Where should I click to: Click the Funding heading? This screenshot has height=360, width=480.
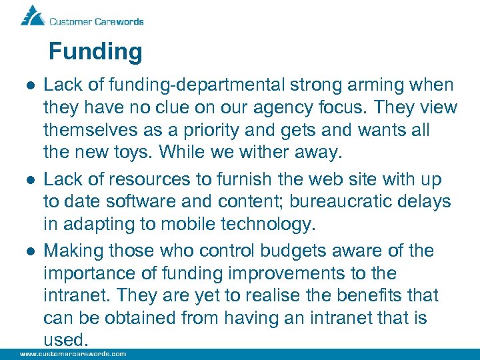point(95,52)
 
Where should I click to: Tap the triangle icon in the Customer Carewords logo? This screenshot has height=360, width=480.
point(32,15)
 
